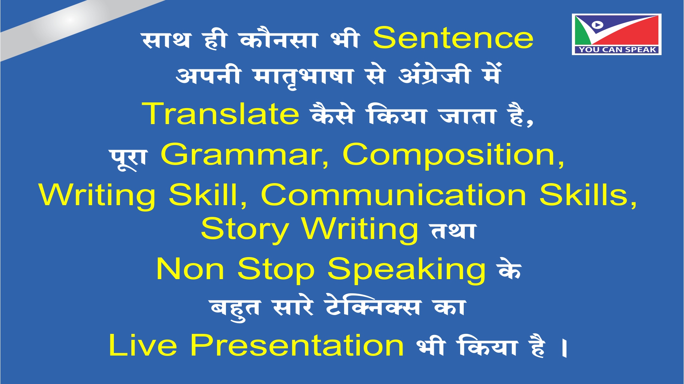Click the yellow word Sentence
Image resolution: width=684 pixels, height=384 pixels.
[453, 38]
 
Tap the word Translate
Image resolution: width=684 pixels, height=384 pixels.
[221, 113]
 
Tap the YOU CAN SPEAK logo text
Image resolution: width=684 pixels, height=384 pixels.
[617, 50]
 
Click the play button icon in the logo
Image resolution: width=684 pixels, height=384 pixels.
[597, 25]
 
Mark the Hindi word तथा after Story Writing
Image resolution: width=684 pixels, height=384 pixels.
[453, 231]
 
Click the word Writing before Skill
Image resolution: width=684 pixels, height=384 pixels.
[97, 196]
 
